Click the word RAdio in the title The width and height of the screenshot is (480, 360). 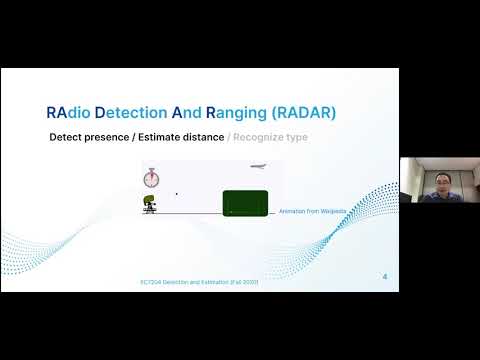point(71,113)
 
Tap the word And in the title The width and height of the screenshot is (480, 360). point(212,113)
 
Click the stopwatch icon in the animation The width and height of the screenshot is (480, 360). point(151,178)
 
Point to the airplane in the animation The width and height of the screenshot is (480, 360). point(259,166)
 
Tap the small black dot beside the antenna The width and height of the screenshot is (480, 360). point(177,194)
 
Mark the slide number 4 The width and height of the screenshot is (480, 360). point(386,276)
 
